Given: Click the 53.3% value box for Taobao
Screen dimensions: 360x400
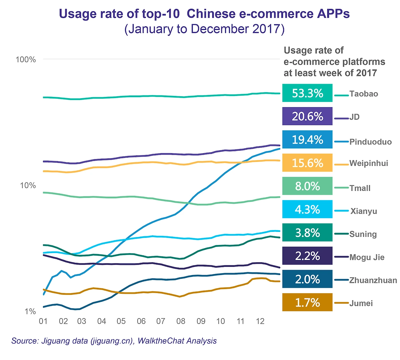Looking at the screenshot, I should point(307,93).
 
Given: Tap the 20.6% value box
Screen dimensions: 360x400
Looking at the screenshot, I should point(307,116).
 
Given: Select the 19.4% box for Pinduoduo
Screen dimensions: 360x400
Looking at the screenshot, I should point(307,140).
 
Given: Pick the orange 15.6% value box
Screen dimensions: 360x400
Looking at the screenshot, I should point(307,163).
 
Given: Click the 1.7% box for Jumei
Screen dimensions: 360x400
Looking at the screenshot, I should point(307,302).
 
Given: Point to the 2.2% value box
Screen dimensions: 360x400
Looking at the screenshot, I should point(307,256).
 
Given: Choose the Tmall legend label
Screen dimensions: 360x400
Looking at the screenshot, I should point(360,188).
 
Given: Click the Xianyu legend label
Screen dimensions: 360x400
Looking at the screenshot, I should point(364,211).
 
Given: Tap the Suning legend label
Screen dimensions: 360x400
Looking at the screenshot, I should point(363,234).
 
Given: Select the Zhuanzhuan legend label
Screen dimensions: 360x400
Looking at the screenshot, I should point(373,280).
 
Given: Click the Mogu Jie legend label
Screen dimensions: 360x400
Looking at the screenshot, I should point(367,257).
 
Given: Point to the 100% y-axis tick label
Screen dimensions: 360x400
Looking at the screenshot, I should point(26,60).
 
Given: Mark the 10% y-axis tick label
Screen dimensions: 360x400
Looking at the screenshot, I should point(28,186).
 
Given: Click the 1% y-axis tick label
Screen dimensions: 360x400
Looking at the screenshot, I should point(30,312).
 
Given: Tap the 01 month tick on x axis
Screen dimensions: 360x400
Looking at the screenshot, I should point(43,321).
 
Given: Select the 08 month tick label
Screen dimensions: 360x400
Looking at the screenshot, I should point(181,321).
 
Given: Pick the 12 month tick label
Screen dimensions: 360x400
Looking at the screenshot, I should point(260,321).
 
